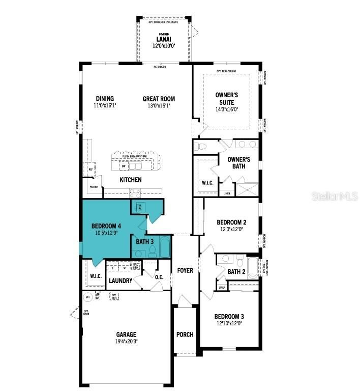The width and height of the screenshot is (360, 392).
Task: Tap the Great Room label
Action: click(159, 99)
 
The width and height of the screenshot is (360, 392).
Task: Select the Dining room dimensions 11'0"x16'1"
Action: click(105, 106)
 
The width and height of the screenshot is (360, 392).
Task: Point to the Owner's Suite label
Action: click(227, 98)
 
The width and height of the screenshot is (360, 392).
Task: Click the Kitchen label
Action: click(131, 180)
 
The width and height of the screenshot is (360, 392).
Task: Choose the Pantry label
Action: click(94, 187)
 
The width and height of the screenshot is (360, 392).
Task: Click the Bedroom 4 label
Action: click(106, 226)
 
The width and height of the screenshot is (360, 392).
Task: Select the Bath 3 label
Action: click(144, 241)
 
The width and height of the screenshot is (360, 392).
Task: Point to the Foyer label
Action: click(185, 270)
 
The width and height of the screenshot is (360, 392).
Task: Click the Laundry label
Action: click(121, 281)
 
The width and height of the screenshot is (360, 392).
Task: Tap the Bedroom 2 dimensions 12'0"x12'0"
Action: click(231, 229)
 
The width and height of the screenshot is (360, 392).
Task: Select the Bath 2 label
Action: click(236, 272)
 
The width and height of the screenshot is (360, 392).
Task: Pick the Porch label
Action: click(185, 334)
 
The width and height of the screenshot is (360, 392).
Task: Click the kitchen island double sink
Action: click(135, 166)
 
